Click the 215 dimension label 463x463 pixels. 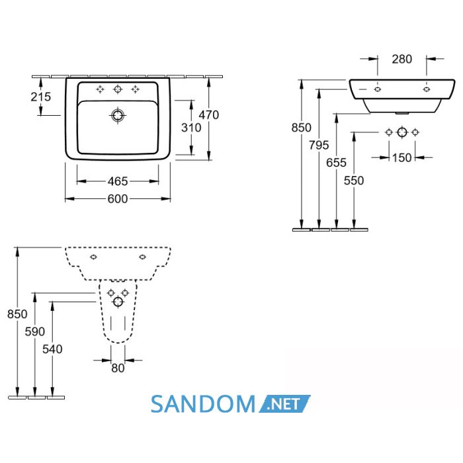pos(41,97)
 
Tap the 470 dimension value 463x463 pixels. pos(209,115)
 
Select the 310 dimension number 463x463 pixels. pos(191,128)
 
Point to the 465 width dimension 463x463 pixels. pos(118,181)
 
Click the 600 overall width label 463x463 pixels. pos(118,198)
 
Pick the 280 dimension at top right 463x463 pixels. pos(402,59)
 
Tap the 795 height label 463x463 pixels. pos(319,145)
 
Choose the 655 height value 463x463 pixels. pos(336,163)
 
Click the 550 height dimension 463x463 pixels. pos(354,180)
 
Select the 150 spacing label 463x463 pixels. pos(402,157)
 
